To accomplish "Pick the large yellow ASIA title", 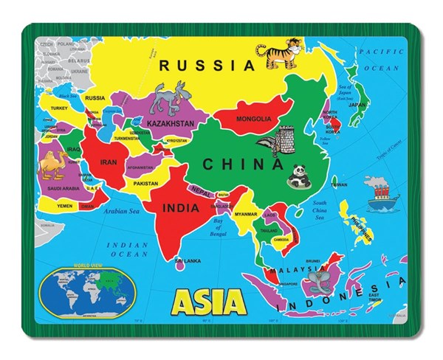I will coord(207,301).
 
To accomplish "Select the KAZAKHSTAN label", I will coord(171,123).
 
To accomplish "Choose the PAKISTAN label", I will coord(146,183).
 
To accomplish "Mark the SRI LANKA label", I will coord(188,260).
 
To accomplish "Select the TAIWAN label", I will coord(339,184).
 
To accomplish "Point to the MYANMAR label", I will coord(246,214).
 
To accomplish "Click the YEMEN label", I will coord(66,206).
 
